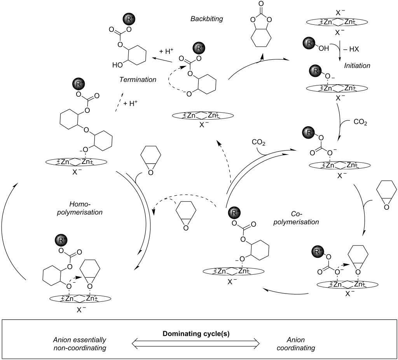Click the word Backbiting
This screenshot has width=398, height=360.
click(206, 18)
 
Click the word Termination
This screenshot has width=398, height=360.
click(138, 79)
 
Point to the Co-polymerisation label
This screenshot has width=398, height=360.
click(304, 218)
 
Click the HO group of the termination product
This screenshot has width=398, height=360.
click(117, 65)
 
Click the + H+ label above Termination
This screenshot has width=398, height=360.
click(166, 51)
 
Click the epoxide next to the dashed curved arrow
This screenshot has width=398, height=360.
click(184, 216)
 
